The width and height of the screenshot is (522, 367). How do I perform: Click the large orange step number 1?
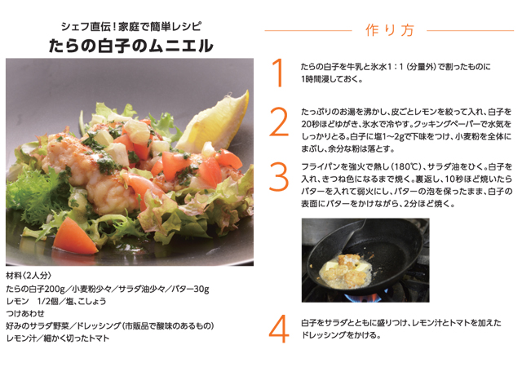click(x=279, y=72)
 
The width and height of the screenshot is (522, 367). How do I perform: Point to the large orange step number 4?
click(x=279, y=329)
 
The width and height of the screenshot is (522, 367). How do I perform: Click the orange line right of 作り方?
click(x=464, y=30)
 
